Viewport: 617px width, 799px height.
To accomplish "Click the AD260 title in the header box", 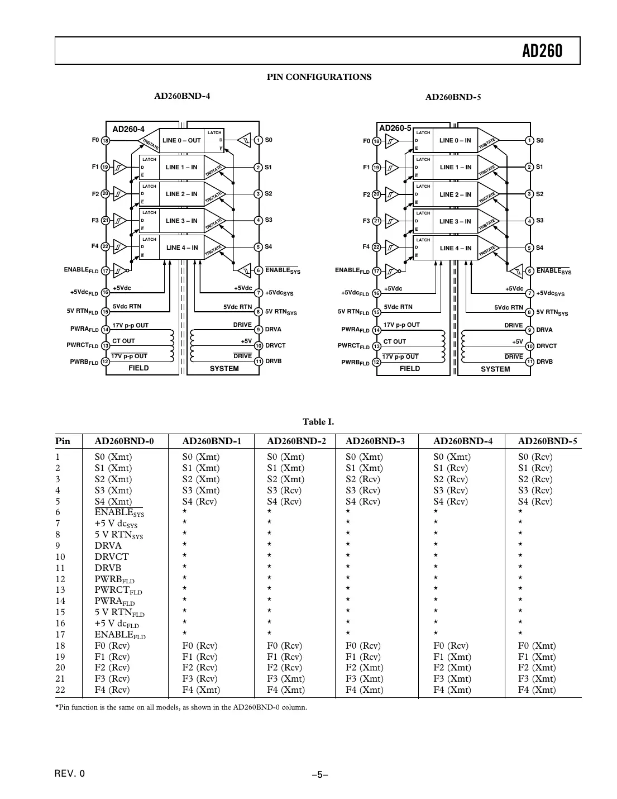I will [x=542, y=51].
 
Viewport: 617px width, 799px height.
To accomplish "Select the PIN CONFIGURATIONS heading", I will [x=319, y=77].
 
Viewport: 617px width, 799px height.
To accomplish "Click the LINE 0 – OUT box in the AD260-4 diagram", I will [x=181, y=141].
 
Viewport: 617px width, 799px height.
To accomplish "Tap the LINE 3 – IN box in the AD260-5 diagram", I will [x=455, y=221].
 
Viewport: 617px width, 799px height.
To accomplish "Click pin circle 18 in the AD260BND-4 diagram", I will [x=106, y=140].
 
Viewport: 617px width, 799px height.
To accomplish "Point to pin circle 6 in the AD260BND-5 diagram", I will [x=529, y=271].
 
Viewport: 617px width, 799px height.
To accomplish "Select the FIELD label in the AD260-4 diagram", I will [x=138, y=368].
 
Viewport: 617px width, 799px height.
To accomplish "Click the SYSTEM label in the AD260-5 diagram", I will [x=495, y=369].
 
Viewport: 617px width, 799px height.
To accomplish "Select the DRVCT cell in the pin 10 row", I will [x=112, y=557].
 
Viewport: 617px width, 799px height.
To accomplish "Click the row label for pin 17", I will [x=60, y=634].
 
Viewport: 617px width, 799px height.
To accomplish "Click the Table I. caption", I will [x=318, y=422].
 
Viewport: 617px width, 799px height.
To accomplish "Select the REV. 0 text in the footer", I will [x=70, y=774].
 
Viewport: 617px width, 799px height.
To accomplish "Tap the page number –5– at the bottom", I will [x=319, y=774].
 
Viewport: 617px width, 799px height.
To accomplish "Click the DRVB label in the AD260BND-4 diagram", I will [x=273, y=362].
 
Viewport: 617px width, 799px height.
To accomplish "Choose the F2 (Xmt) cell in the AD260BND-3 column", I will [x=364, y=667].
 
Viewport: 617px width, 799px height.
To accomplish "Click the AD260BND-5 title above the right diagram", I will [x=453, y=97].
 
